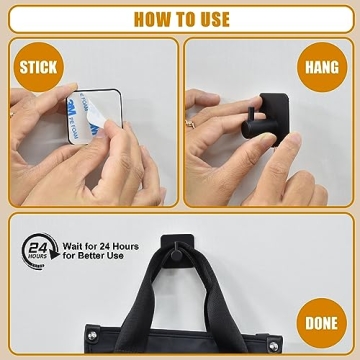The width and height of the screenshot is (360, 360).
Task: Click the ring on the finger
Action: pyautogui.click(x=192, y=123)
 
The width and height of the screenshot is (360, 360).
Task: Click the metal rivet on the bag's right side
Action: pyautogui.click(x=272, y=346)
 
